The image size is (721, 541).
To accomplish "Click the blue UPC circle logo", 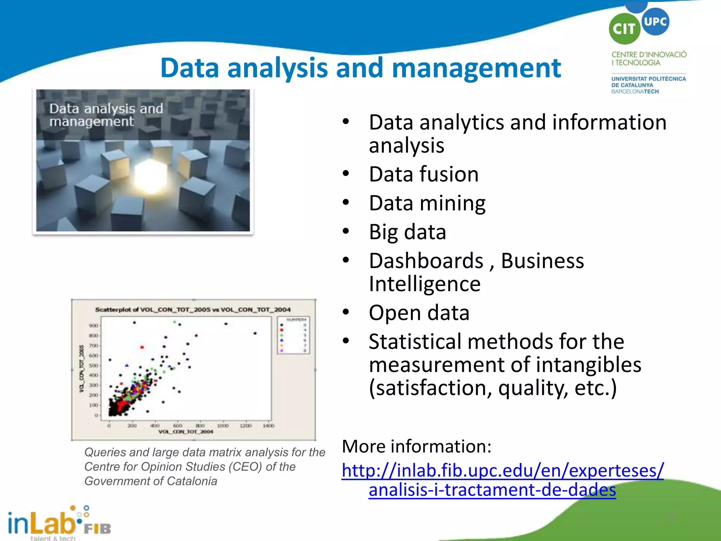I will (x=655, y=21).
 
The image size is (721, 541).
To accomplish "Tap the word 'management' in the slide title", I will (x=476, y=68).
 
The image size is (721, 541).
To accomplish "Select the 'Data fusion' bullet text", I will (x=424, y=174).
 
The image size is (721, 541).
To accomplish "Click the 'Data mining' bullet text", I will (x=427, y=204).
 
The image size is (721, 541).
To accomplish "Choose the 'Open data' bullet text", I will (x=419, y=313).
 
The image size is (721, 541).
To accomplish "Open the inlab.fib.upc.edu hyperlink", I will (x=502, y=471).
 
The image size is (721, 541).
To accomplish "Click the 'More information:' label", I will (x=416, y=447).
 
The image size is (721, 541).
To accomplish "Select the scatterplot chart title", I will (x=193, y=310).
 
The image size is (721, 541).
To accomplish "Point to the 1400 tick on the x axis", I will (x=268, y=426).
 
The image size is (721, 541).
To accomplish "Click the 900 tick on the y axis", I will (x=93, y=326).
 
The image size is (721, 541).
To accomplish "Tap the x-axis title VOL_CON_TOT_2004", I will (x=186, y=432).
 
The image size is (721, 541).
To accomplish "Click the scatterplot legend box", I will (x=293, y=335).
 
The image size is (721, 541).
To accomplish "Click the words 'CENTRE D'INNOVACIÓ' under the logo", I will (x=649, y=55).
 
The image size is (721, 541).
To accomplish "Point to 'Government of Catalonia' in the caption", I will (x=151, y=481).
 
